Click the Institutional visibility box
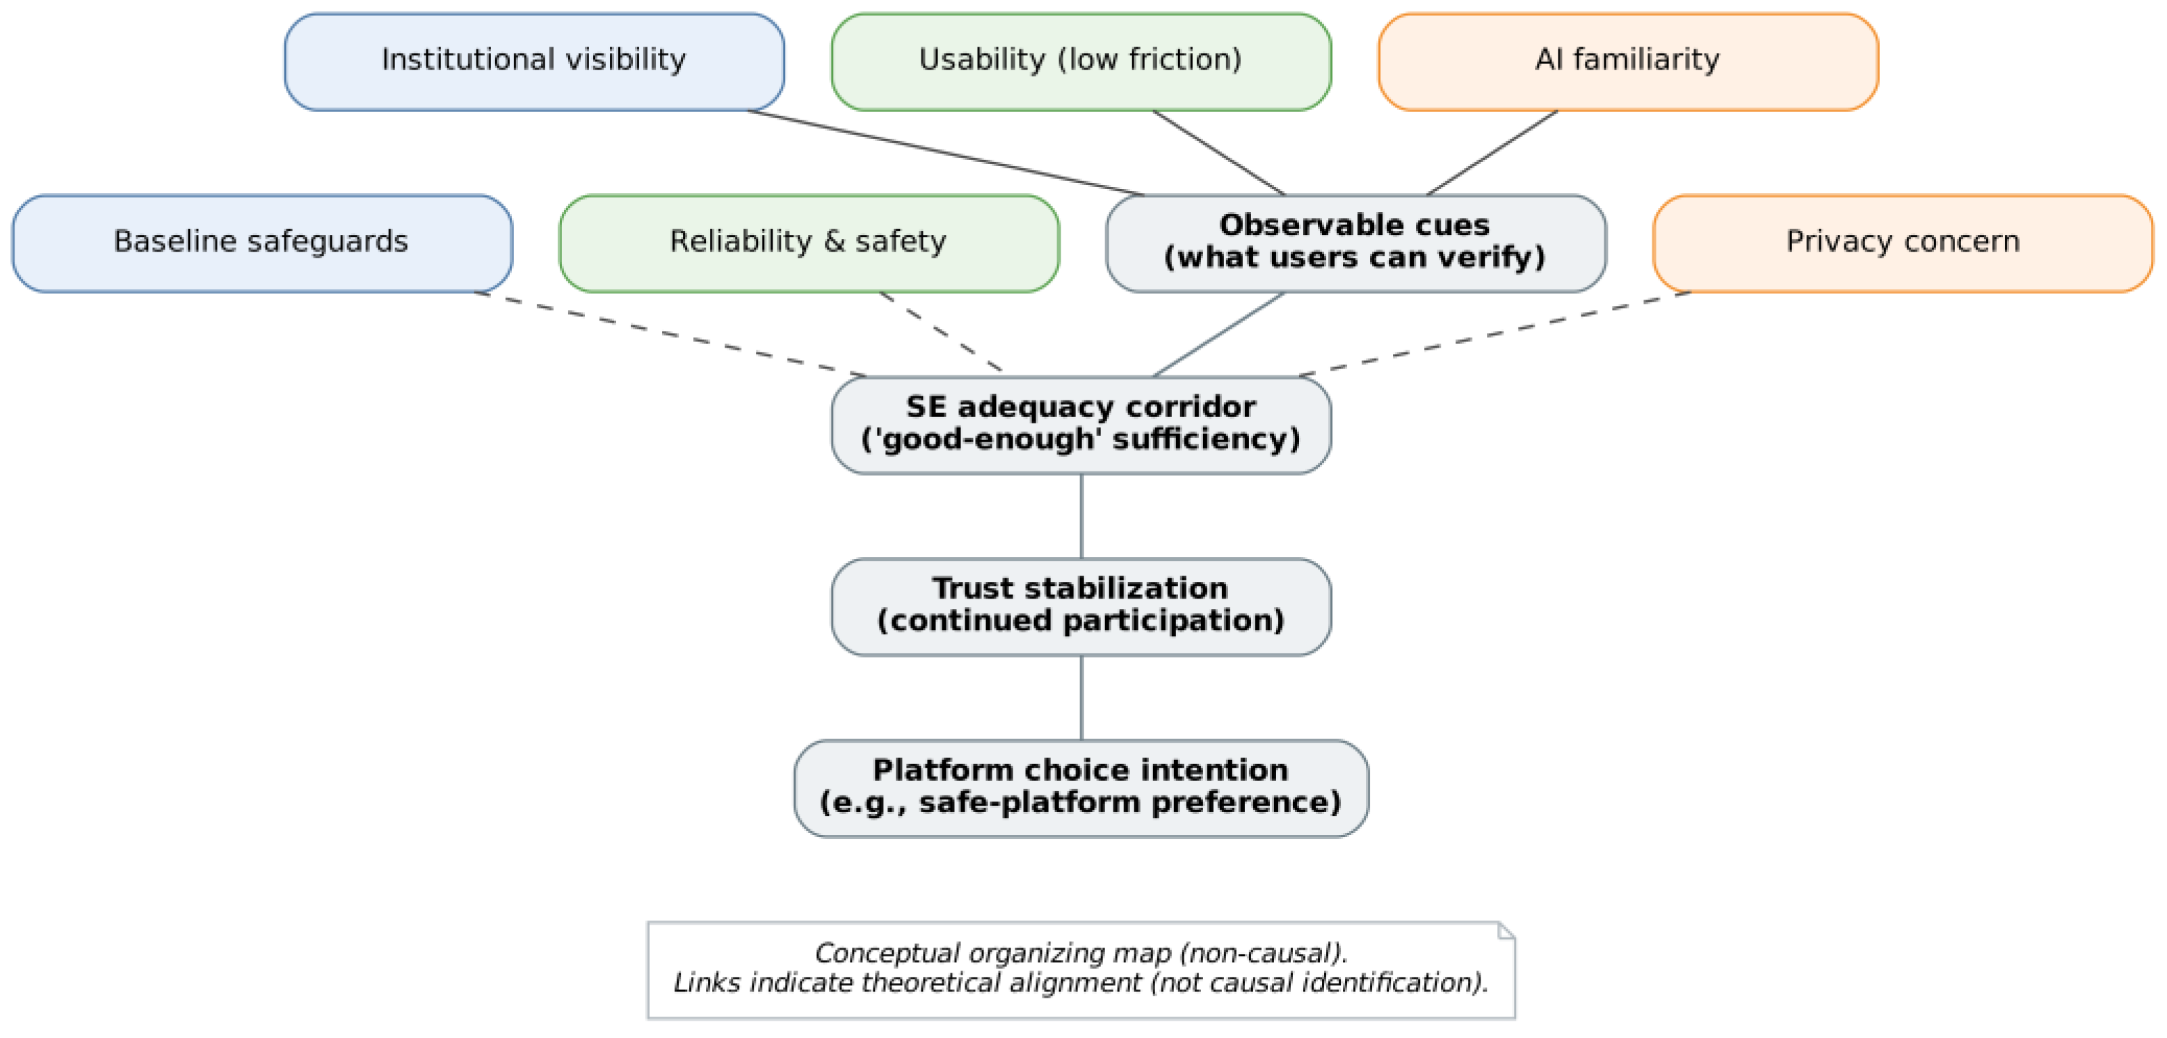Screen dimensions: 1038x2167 point(534,61)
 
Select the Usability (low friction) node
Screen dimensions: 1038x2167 point(1081,61)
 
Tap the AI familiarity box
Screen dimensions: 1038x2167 point(1628,61)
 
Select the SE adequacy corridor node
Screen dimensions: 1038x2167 point(1081,425)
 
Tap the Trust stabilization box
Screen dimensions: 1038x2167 point(1081,606)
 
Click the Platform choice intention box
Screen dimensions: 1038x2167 point(1081,788)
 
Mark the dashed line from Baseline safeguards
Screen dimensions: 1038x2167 point(670,334)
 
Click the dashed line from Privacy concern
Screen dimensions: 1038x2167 point(1495,334)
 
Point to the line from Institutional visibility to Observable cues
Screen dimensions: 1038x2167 point(946,153)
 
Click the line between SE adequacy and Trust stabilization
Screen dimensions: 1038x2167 point(1081,516)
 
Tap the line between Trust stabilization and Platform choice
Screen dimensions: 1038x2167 point(1081,697)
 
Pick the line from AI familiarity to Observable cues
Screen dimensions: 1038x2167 point(1492,153)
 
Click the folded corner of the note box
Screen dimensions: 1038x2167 point(1506,930)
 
